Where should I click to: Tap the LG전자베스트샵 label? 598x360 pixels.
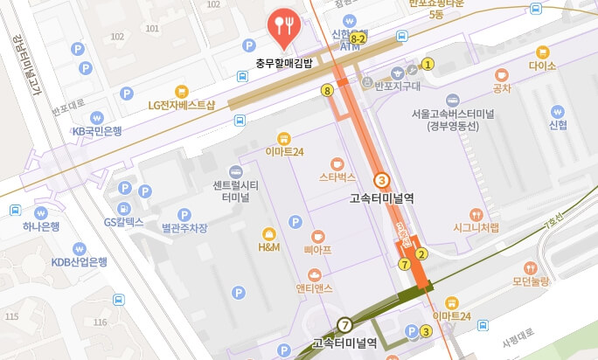tap(182, 105)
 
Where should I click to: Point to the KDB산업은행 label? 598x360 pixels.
tap(78, 261)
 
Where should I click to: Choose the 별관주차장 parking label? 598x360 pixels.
tap(184, 228)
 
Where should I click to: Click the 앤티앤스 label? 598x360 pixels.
tap(316, 288)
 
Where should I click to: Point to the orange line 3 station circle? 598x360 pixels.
tap(381, 180)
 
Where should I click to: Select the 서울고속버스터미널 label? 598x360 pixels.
tap(452, 119)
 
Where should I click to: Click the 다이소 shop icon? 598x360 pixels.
tap(542, 52)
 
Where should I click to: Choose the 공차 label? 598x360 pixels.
tap(502, 87)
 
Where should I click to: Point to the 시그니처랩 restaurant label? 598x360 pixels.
tap(476, 228)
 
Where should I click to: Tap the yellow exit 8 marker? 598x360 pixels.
tap(327, 90)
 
